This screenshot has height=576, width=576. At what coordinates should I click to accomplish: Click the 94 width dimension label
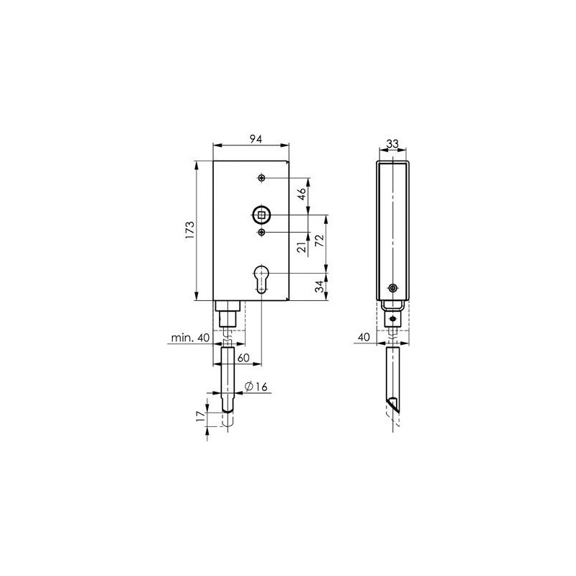tap(256, 139)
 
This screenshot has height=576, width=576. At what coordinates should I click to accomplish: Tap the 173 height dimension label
tap(189, 230)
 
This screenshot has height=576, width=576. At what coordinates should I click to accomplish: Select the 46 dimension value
tap(302, 194)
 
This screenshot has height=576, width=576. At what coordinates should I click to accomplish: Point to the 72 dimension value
tap(320, 240)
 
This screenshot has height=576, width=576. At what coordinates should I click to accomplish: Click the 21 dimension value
tap(302, 247)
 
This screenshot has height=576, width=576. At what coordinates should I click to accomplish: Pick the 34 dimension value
tap(320, 286)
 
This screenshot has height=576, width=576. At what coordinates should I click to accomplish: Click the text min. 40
tap(190, 337)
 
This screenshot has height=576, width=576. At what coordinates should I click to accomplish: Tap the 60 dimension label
tap(243, 357)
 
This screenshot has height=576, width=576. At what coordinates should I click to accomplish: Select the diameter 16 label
tap(256, 387)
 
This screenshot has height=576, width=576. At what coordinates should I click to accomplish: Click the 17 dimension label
tap(200, 415)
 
